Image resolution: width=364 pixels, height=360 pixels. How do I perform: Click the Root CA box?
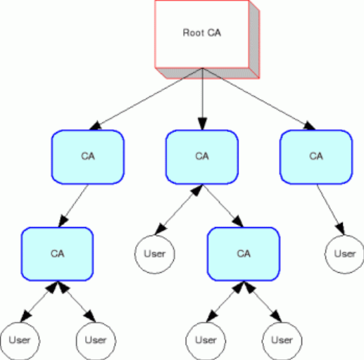[x=202, y=34]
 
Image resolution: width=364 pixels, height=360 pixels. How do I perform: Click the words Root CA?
[x=202, y=33]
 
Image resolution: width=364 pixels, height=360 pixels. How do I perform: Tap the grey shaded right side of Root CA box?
[x=254, y=39]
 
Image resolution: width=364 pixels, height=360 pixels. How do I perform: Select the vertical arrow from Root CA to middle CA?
[x=203, y=99]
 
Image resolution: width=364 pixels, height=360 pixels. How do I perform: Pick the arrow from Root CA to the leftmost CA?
[x=146, y=99]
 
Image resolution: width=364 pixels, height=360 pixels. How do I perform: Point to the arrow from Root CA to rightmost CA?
[x=259, y=99]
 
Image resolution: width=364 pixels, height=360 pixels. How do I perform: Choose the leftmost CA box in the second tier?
[x=88, y=157]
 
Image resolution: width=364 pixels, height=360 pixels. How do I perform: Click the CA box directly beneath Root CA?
[x=202, y=157]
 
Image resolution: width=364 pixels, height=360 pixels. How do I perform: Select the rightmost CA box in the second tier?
[x=316, y=157]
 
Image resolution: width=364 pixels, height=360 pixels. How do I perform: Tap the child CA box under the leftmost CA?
[x=58, y=254]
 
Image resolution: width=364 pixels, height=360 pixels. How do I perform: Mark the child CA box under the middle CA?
[x=244, y=254]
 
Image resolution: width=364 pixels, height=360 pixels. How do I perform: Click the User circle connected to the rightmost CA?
[x=345, y=255]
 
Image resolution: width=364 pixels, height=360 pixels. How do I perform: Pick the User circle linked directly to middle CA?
[x=155, y=255]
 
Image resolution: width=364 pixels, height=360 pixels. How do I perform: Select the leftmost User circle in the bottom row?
[x=20, y=341]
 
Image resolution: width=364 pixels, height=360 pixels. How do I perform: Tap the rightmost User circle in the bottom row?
[x=282, y=341]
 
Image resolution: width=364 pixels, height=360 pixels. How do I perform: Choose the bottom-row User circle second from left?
[x=96, y=341]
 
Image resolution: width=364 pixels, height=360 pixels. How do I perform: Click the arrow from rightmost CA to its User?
[x=331, y=210]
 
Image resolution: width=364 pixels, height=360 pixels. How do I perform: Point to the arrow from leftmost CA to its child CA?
[x=73, y=206]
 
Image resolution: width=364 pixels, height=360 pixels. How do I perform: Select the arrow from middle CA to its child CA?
[x=223, y=206]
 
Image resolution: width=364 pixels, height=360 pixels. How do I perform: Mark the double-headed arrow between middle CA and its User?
[x=179, y=210]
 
